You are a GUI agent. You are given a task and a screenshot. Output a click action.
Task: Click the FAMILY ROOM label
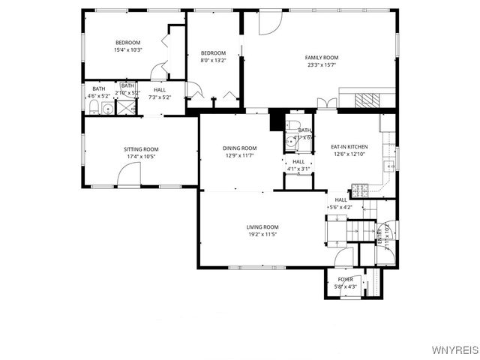[x=321, y=58]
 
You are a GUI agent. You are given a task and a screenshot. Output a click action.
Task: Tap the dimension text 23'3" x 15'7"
[x=321, y=65]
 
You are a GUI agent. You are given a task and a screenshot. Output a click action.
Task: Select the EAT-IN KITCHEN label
[x=349, y=147]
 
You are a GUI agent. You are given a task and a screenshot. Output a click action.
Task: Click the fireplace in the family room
[x=366, y=99]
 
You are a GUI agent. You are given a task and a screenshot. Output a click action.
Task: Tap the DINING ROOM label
[x=239, y=148]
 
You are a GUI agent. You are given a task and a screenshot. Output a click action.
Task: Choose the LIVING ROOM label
[x=262, y=226]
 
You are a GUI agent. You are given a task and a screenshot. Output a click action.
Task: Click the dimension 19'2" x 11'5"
[x=262, y=234]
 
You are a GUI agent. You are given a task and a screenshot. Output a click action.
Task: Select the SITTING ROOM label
[x=141, y=149]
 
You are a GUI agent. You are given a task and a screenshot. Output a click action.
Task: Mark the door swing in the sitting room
[x=128, y=176]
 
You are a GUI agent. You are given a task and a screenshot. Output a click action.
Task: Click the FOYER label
[x=345, y=279]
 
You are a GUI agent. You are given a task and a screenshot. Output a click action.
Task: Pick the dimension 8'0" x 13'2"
[x=213, y=61]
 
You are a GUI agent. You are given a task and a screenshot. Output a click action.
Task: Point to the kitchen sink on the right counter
[x=389, y=166]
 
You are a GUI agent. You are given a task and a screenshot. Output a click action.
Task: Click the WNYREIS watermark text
[x=454, y=350]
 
